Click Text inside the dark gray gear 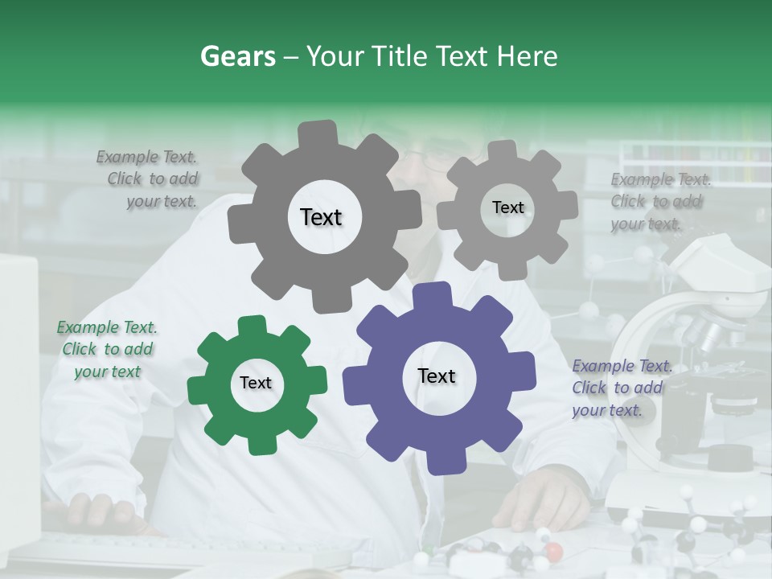tap(321, 217)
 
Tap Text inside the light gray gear tap(507, 207)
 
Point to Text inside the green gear tap(256, 384)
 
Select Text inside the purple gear tap(437, 376)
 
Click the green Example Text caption tap(107, 350)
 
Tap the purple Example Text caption tap(620, 388)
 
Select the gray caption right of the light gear tap(659, 202)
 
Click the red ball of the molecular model tap(553, 552)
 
